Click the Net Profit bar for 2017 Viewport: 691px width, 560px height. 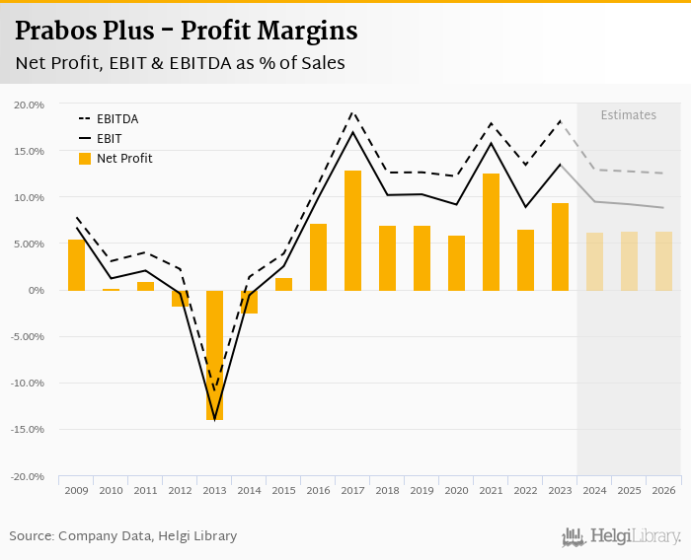coord(352,231)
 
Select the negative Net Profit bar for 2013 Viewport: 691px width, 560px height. coord(214,355)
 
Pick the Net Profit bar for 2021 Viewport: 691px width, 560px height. coord(491,232)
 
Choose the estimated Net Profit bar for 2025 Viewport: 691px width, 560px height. coord(629,261)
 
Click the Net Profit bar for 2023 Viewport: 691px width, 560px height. coord(560,246)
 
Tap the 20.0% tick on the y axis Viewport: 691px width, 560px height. coord(30,105)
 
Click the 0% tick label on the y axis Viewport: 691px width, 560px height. coord(36,290)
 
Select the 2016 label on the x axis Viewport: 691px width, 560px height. coord(318,490)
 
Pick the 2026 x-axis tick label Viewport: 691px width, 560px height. coord(663,490)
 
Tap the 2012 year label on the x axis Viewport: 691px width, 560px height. coord(180,490)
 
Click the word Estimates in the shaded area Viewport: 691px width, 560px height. coord(629,115)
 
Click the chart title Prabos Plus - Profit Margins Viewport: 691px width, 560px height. coord(187,32)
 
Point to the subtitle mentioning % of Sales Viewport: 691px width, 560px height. coord(180,64)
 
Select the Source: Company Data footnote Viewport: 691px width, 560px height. coord(123,536)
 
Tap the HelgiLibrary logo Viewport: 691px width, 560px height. coord(622,536)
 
